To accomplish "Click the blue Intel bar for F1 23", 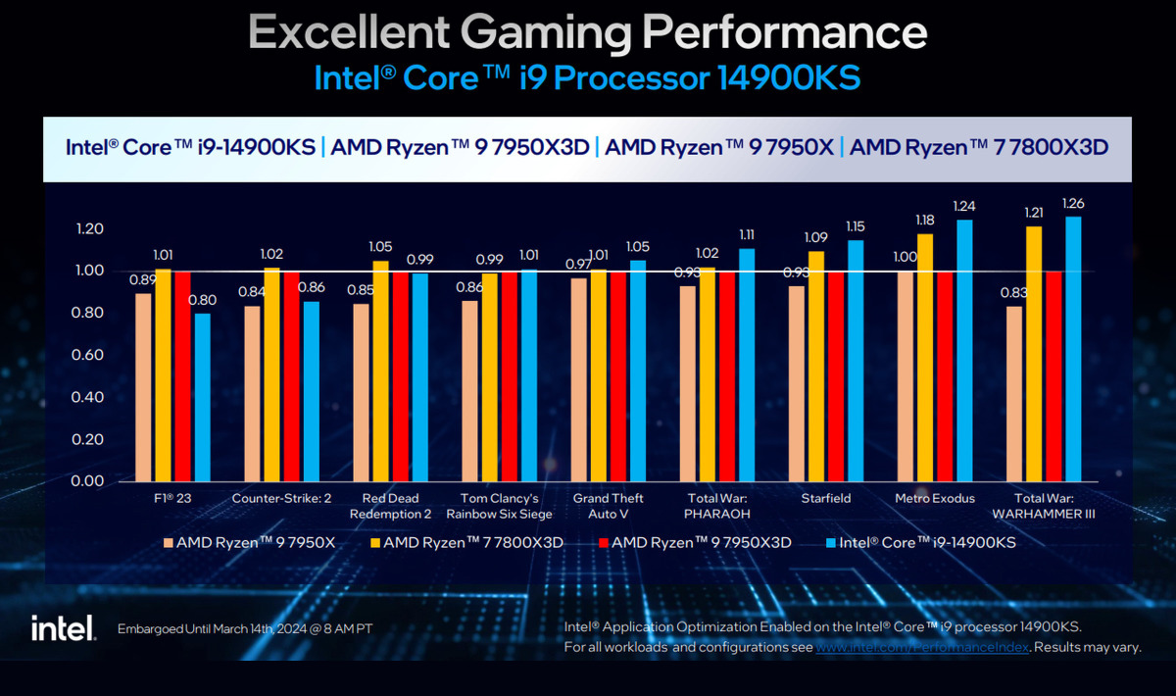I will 203,397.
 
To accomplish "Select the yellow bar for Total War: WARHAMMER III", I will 1034,354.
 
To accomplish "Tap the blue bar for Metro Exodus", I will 964,350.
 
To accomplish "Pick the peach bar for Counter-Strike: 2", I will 253,393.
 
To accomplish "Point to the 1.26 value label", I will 1074,204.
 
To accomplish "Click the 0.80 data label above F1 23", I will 203,301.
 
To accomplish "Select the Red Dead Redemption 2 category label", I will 390,505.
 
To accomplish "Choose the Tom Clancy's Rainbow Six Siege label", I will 499,505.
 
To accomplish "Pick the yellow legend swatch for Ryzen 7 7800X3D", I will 376,541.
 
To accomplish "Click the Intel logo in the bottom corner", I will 63,627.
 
